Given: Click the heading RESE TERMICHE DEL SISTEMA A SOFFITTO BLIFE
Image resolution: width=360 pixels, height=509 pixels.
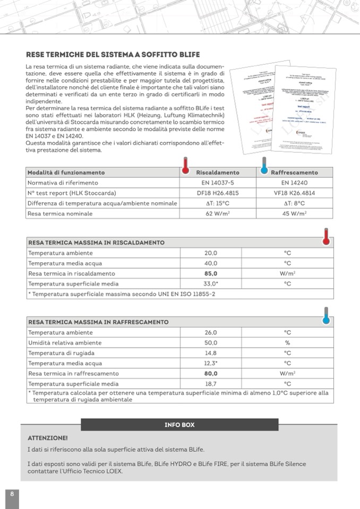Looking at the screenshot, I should pos(113,55).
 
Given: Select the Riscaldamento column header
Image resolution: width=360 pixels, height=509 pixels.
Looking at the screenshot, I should pos(218,172).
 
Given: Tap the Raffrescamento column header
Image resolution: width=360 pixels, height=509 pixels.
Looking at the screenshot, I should pos(294,172).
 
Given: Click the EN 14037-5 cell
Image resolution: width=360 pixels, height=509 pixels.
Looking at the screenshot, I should pos(218,183).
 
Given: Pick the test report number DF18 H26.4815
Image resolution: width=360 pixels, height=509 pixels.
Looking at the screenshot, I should pos(218,193).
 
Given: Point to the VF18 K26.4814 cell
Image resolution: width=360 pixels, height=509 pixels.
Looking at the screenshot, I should pos(294,193).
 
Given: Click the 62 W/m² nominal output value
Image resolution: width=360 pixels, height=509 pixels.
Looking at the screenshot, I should pos(218,214).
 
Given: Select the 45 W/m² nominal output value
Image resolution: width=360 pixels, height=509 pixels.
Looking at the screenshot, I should pos(294,214).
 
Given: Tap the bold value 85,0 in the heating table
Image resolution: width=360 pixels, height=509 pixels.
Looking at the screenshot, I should pos(211,273).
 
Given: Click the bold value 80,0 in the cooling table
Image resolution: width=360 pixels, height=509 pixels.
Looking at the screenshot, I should pos(211,373).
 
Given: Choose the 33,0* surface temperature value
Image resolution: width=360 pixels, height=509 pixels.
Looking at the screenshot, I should pos(211,284).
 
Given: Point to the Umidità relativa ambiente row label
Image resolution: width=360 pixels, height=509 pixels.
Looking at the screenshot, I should pos(65,343).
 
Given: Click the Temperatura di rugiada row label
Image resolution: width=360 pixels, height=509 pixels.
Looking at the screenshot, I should pos(62,353).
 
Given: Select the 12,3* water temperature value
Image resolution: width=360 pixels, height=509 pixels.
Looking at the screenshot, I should pos(211,363).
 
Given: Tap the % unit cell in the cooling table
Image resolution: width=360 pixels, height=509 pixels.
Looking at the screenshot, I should pos(287,343).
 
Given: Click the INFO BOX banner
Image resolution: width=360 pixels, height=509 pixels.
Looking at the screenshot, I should pos(179,425).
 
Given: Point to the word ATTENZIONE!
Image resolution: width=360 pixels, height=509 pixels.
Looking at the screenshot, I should pos(48,438).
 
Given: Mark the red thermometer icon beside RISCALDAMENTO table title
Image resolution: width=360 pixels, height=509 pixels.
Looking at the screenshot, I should pos(326,237).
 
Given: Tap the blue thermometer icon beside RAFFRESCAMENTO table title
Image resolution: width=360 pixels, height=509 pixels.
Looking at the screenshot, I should pos(326,317).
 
